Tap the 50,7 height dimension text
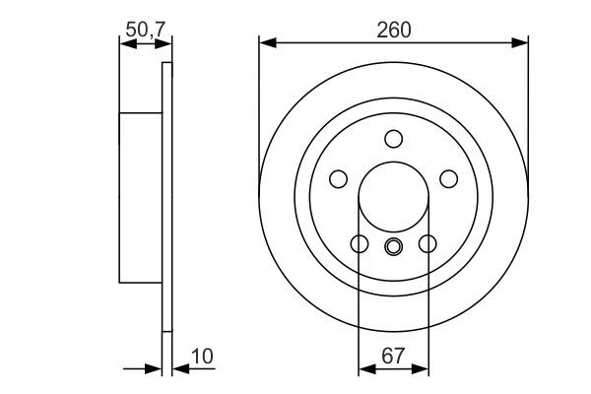[x=144, y=30]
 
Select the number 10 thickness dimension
[x=201, y=355]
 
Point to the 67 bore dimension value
[x=393, y=355]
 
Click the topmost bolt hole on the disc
[x=393, y=138]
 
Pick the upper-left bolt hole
[x=338, y=178]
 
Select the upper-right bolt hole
[x=448, y=178]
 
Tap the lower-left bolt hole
[x=360, y=243]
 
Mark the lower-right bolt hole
[x=427, y=243]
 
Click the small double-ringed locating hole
[x=393, y=246]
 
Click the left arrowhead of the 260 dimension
[x=266, y=42]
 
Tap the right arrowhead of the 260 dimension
[x=521, y=42]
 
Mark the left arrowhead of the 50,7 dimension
[x=124, y=42]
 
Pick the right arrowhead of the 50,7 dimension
[x=165, y=42]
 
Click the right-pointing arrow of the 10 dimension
[x=155, y=369]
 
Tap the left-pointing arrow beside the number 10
[x=178, y=369]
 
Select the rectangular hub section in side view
[x=140, y=196]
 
